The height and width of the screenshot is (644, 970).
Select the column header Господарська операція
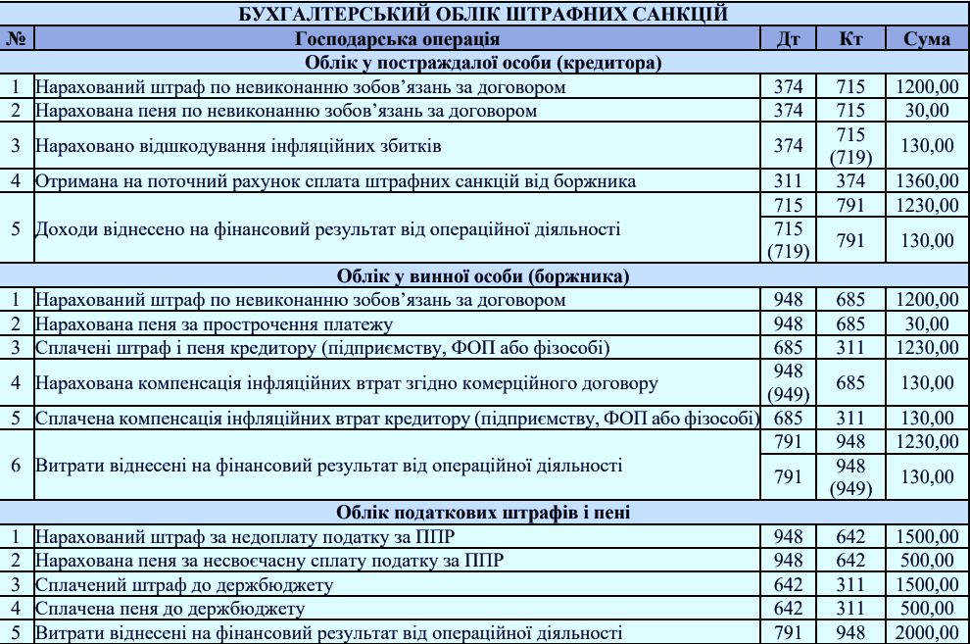tap(397, 39)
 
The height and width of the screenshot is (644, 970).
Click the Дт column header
tap(788, 39)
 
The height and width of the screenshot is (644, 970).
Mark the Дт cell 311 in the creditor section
tap(788, 181)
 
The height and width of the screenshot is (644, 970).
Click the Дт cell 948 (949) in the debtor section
tap(788, 381)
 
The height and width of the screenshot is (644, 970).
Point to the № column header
tap(16, 39)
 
